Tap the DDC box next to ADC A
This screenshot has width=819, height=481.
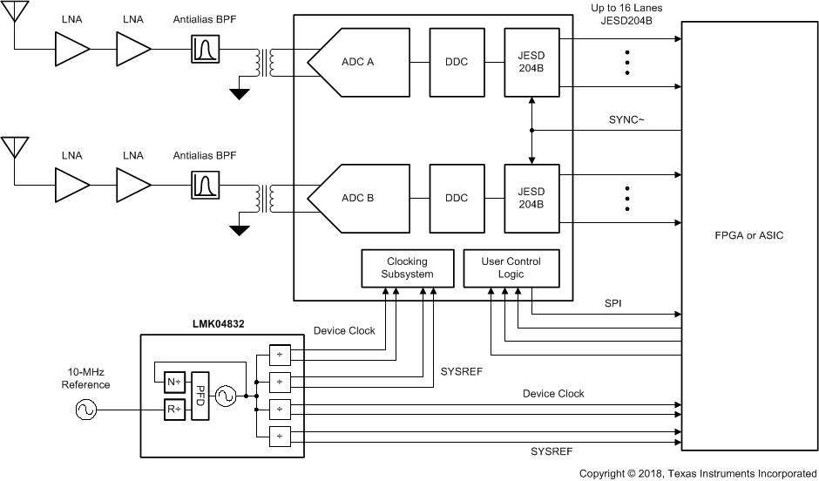(x=457, y=63)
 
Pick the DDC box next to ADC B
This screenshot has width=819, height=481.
(x=457, y=198)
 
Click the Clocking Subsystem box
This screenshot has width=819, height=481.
(x=408, y=268)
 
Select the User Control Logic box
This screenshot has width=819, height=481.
(x=511, y=268)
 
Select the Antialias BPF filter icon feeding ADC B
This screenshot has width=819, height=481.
(x=206, y=186)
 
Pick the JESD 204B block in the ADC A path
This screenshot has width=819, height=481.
(x=531, y=63)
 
